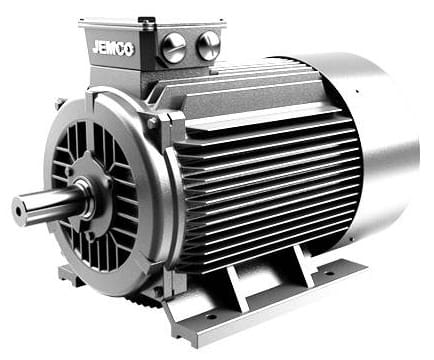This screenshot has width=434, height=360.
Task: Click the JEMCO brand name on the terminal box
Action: (113, 49)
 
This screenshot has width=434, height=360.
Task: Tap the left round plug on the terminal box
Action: (174, 48)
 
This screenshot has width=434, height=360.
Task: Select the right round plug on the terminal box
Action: (208, 45)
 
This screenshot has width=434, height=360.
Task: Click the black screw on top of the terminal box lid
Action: (145, 20)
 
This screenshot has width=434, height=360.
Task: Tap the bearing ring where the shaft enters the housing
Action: (86, 197)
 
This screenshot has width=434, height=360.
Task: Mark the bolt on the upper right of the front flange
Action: (153, 123)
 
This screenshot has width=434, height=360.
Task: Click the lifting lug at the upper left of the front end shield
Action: (60, 103)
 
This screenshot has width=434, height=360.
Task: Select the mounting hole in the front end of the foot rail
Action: (211, 316)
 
